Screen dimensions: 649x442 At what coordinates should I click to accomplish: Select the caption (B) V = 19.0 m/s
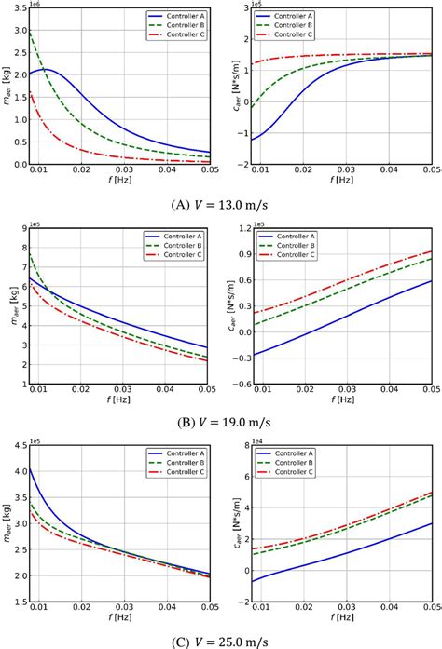[x=221, y=421]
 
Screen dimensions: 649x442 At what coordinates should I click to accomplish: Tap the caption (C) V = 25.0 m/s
[x=221, y=639]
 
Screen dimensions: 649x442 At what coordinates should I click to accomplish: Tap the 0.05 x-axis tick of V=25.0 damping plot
[x=431, y=606]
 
